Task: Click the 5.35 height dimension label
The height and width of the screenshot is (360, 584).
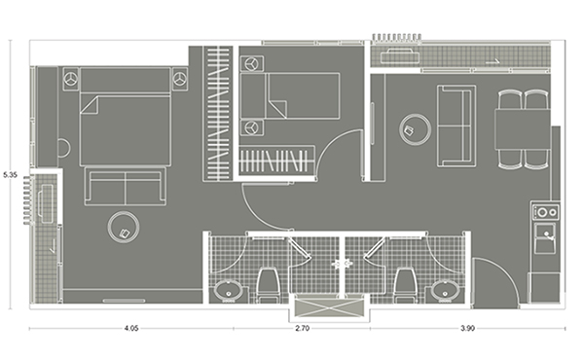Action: click(10, 175)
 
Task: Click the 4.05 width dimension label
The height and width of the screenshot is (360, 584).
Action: click(131, 328)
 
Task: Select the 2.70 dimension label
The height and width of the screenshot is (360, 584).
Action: click(302, 328)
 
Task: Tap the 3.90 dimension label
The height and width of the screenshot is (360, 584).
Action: click(468, 328)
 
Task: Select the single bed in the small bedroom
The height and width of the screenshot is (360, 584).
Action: click(290, 96)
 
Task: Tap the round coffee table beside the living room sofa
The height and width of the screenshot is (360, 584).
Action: click(415, 130)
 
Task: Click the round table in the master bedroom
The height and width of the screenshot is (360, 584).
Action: click(124, 227)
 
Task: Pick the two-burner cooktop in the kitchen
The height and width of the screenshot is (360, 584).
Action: click(546, 212)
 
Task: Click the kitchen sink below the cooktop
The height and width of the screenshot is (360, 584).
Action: click(545, 238)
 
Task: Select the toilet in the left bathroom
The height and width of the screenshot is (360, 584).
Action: click(268, 286)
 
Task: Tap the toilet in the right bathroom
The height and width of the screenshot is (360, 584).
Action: click(405, 286)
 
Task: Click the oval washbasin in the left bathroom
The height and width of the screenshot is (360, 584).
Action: click(229, 290)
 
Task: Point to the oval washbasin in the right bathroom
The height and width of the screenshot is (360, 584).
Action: click(446, 290)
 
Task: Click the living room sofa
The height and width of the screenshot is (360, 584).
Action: click(456, 126)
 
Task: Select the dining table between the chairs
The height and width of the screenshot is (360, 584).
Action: click(523, 129)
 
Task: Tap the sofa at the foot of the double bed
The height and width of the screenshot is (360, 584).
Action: click(126, 186)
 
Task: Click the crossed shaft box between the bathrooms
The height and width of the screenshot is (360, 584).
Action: click(329, 308)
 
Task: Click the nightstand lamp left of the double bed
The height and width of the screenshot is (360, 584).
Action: click(70, 79)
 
